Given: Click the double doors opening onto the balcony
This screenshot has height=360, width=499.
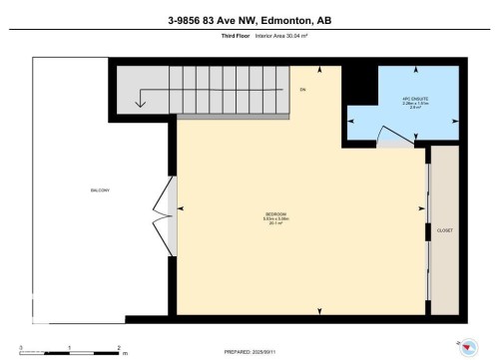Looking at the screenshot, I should click(164, 210).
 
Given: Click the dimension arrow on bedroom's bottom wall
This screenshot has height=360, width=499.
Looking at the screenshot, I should click(320, 309).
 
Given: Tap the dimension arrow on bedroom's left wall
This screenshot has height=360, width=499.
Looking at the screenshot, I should click(182, 210).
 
